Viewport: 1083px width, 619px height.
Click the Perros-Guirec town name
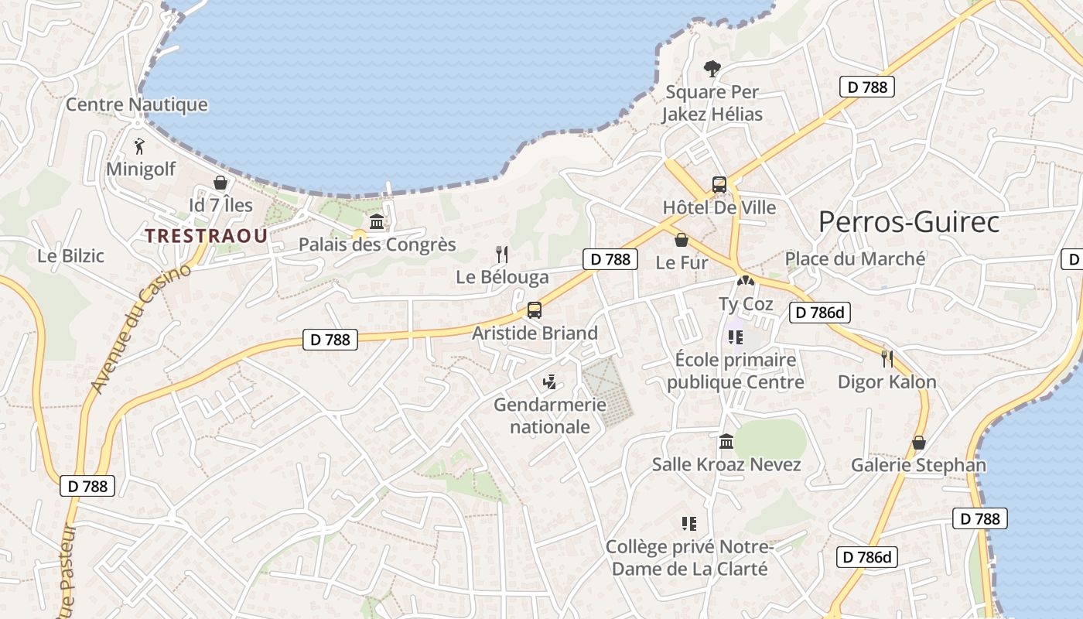click(x=909, y=222)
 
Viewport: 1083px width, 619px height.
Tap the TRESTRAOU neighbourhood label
click(x=207, y=236)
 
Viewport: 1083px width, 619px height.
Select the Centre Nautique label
click(x=137, y=104)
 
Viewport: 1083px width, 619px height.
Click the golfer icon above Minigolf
click(x=139, y=145)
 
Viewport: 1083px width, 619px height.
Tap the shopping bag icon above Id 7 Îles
click(x=220, y=183)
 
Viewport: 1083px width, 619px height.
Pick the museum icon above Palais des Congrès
click(x=377, y=222)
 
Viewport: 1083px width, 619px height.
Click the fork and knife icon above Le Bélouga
click(x=502, y=254)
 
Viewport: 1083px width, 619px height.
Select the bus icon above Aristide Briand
click(x=534, y=310)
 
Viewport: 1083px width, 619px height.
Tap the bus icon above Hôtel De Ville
click(x=719, y=185)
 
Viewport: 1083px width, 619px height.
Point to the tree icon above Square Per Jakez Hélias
click(x=712, y=69)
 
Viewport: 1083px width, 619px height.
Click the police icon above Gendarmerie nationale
click(x=549, y=381)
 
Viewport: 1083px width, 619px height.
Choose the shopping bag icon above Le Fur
click(x=682, y=240)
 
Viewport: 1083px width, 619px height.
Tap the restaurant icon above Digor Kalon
click(x=887, y=358)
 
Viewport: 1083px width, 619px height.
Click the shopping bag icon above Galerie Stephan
click(x=919, y=443)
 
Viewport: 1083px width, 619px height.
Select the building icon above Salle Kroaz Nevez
click(x=726, y=442)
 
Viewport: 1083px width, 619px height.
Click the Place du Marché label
click(x=855, y=259)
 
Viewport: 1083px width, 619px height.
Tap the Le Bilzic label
click(x=70, y=255)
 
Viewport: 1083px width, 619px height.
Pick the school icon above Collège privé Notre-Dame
click(x=688, y=524)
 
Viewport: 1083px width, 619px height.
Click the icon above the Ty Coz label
click(x=746, y=282)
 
